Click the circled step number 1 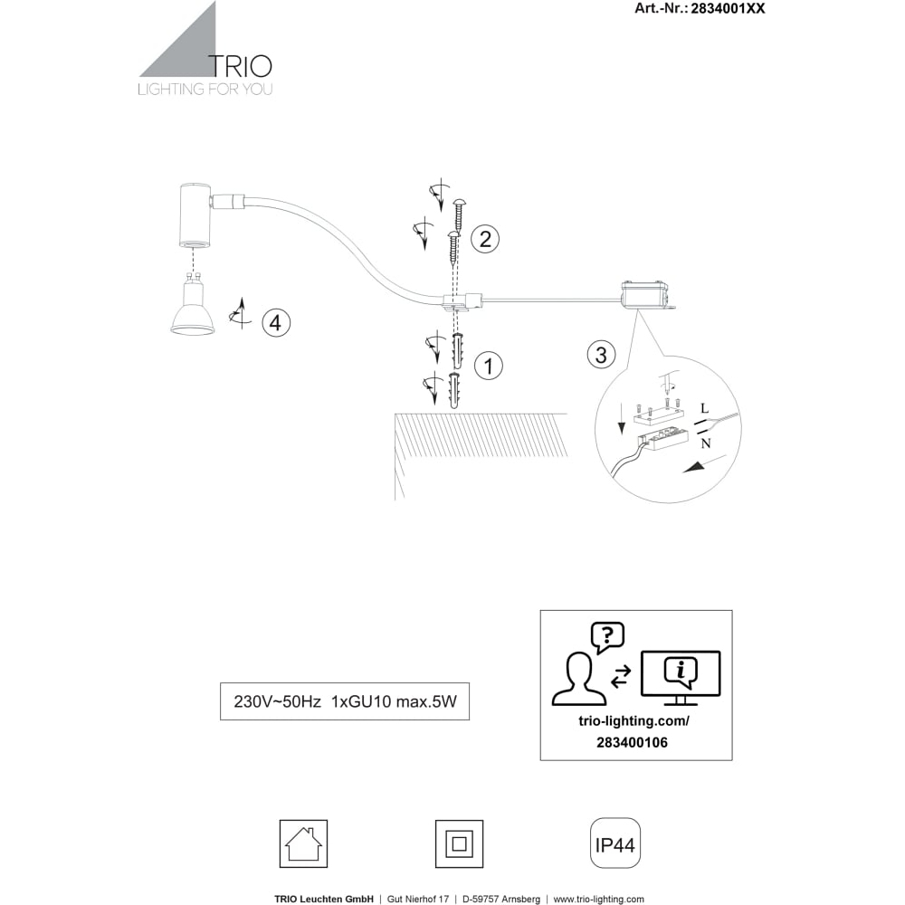pyautogui.click(x=489, y=366)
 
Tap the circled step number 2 pyautogui.click(x=485, y=238)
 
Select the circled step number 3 pyautogui.click(x=601, y=355)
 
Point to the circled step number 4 pyautogui.click(x=276, y=322)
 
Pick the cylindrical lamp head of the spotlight pyautogui.click(x=195, y=214)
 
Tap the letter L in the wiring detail pyautogui.click(x=704, y=409)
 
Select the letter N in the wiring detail pyautogui.click(x=705, y=443)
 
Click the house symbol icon pyautogui.click(x=303, y=843)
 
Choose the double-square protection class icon pyautogui.click(x=459, y=843)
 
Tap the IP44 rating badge pyautogui.click(x=615, y=843)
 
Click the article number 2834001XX pyautogui.click(x=728, y=8)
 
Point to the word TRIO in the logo pyautogui.click(x=240, y=66)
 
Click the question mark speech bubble pyautogui.click(x=607, y=637)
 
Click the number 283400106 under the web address pyautogui.click(x=632, y=742)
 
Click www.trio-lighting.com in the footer pyautogui.click(x=598, y=899)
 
